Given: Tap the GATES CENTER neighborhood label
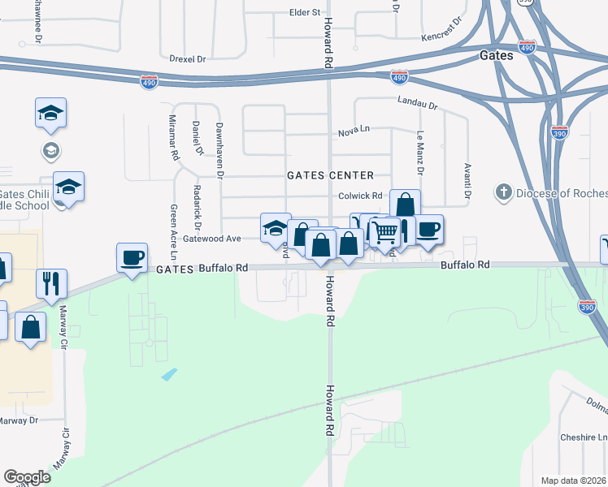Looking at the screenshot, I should pos(330,175).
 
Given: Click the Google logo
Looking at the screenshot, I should pos(28,477).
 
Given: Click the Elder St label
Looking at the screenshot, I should pos(306,12).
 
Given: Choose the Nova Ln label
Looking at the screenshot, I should pos(354,131).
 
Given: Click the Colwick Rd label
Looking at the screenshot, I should pos(360,196).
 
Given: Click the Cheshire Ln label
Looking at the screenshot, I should pos(583,437).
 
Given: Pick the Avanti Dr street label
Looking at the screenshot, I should pos(467,188).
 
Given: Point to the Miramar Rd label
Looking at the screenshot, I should pos(173,139).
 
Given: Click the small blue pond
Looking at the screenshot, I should pos(168,374).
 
